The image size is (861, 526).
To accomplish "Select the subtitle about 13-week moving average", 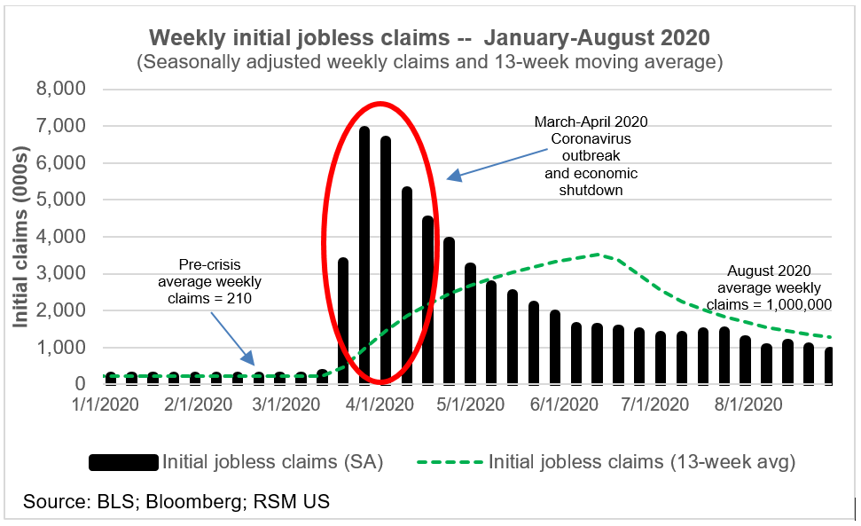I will [x=430, y=63].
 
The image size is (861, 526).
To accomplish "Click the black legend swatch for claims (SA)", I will [x=123, y=462].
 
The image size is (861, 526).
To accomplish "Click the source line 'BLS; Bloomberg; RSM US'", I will [x=176, y=502].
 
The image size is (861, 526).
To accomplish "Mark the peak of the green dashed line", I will [x=600, y=255].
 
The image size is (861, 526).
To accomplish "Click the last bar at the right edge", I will [x=828, y=365].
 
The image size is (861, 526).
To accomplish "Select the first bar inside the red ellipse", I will [x=343, y=321].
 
